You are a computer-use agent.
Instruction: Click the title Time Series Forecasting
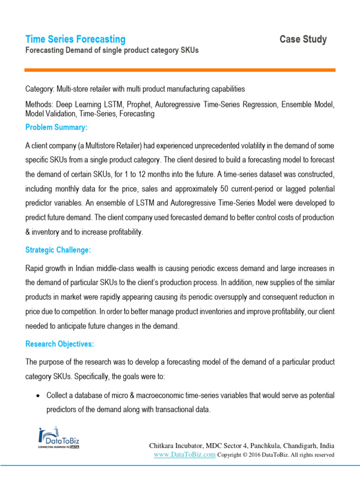coord(75,39)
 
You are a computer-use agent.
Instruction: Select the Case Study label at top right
coord(303,39)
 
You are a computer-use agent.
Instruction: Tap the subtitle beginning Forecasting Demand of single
coord(112,51)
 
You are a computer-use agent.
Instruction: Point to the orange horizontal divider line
coord(180,70)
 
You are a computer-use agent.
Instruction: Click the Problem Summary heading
coord(56,127)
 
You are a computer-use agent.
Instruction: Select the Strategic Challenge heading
coord(58,250)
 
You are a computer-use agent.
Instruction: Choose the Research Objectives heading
coord(60,344)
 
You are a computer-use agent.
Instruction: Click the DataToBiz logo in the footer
coord(53,437)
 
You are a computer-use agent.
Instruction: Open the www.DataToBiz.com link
coord(185,454)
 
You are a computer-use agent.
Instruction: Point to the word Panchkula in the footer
coord(266,445)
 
